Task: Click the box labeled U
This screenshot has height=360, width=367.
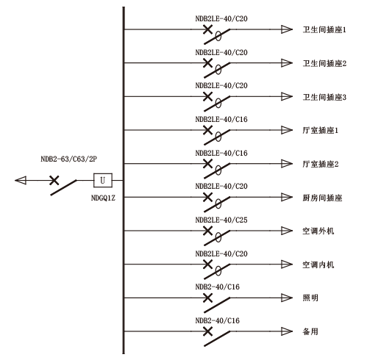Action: [x=103, y=180]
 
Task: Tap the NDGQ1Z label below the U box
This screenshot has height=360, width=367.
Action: [x=103, y=198]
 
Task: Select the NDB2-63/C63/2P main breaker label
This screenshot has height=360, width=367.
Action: [x=68, y=159]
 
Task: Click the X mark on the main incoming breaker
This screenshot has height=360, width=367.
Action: [x=54, y=181]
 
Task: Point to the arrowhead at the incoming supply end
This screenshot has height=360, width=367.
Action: [x=21, y=181]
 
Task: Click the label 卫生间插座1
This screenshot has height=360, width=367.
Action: [x=324, y=29]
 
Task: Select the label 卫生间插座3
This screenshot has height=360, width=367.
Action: [x=324, y=97]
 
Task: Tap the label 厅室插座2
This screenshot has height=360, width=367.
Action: [x=321, y=164]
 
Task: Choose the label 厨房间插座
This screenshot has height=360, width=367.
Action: [x=322, y=198]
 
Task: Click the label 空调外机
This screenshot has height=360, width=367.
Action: [x=318, y=231]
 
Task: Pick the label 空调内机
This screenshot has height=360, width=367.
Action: [x=318, y=264]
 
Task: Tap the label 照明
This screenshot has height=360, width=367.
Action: [x=310, y=298]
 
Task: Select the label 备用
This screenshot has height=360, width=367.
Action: [x=310, y=331]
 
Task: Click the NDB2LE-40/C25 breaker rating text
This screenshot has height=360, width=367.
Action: [x=221, y=220]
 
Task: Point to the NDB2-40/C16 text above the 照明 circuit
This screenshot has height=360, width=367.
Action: [x=217, y=287]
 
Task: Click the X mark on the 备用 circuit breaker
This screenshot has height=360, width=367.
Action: [x=208, y=331]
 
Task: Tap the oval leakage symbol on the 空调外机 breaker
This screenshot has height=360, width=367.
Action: [x=218, y=237]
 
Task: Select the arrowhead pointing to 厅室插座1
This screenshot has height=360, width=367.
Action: [x=287, y=130]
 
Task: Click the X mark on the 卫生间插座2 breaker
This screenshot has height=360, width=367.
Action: [x=208, y=63]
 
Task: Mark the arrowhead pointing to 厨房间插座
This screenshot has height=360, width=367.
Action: [x=287, y=197]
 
